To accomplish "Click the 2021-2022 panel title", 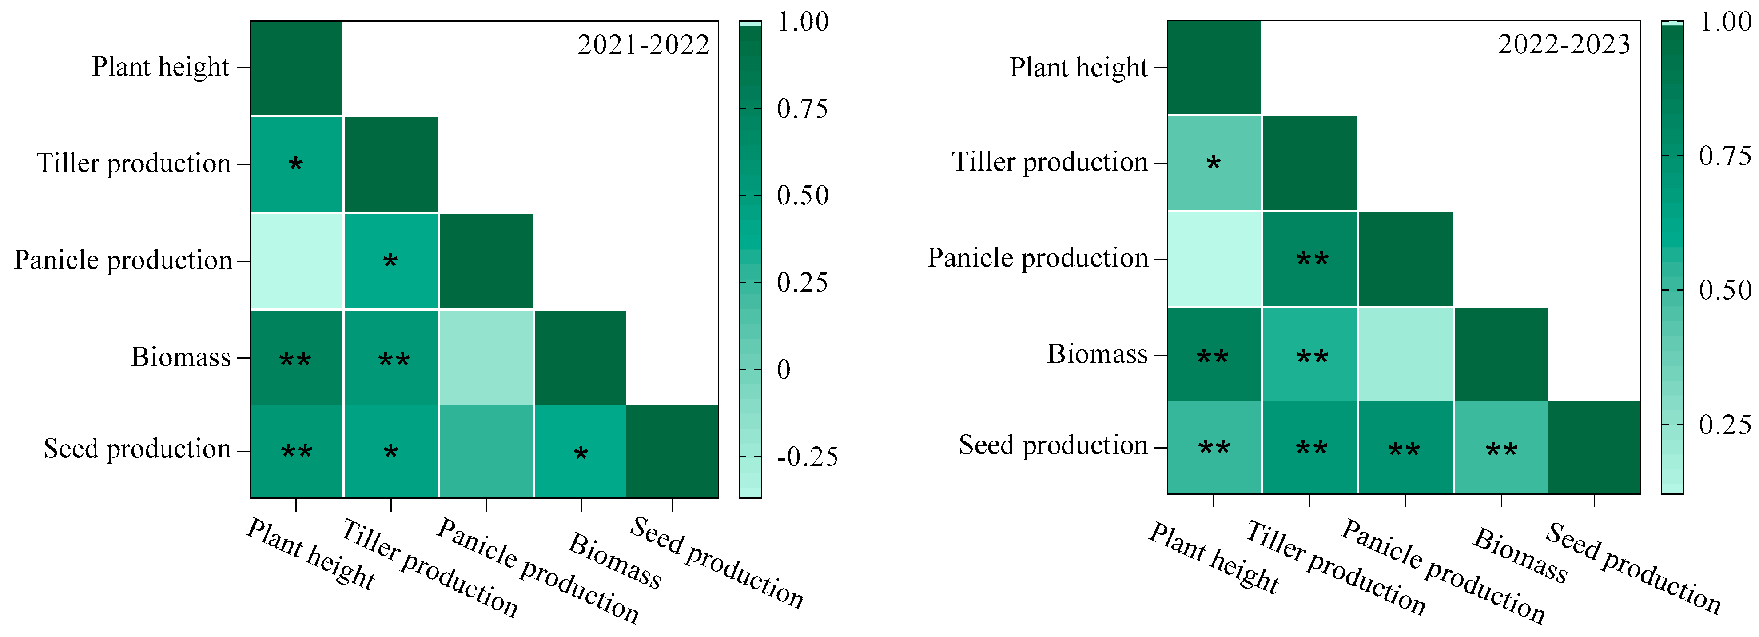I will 643,45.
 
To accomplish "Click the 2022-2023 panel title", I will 1564,45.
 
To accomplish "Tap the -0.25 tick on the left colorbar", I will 807,457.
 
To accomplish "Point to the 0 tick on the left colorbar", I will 784,370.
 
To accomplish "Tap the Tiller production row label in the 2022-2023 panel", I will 1050,162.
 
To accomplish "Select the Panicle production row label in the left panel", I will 123,260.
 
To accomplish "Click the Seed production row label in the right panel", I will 1053,445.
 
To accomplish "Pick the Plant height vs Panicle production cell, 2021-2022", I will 296,261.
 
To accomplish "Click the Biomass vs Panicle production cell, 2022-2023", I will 1405,354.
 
